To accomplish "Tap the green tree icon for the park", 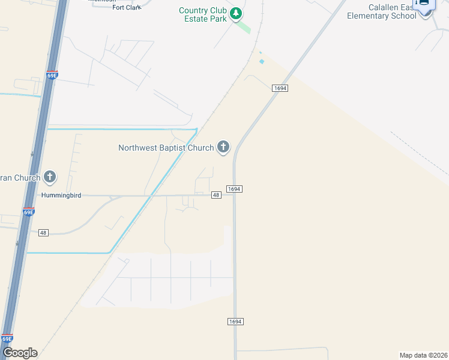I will [237, 13].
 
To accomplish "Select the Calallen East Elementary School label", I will [381, 11].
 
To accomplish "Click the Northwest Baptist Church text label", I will [166, 148].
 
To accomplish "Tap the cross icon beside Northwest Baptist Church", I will [223, 146].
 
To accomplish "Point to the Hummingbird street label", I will [61, 196].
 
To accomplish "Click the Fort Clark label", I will [127, 7].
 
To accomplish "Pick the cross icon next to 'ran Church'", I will [50, 176].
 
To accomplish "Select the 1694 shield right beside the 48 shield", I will [234, 189].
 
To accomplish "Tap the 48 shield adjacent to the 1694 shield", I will [216, 195].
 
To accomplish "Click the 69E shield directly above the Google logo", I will [7, 338].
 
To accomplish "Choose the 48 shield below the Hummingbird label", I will [43, 233].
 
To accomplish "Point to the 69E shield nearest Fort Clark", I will [52, 76].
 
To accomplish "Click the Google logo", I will [20, 353].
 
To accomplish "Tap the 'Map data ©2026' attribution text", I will [423, 355].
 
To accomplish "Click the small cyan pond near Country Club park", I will [261, 61].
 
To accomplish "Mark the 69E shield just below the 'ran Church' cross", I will [29, 212].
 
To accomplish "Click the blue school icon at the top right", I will [424, 4].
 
